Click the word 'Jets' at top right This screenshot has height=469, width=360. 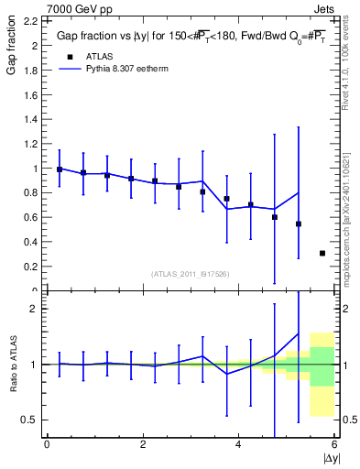tap(325, 6)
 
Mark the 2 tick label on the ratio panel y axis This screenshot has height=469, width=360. tap(33, 309)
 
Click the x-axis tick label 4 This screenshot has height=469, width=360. tap(239, 445)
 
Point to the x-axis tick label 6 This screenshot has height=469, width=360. tap(335, 445)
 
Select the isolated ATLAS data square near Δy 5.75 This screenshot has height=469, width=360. tap(322, 253)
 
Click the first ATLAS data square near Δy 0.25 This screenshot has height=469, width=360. tap(60, 169)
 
